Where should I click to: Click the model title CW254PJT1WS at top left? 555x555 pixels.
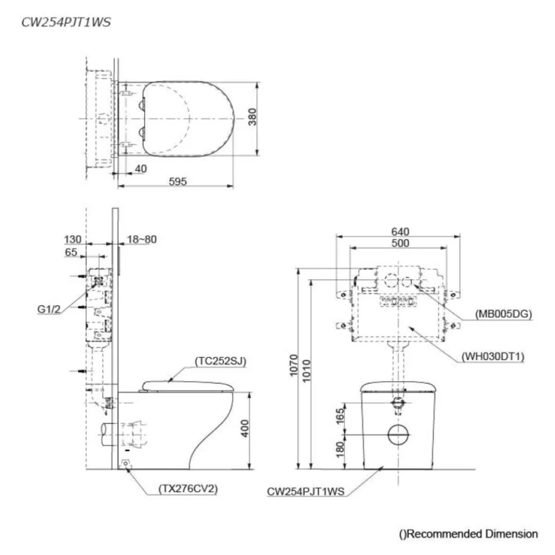click(66, 23)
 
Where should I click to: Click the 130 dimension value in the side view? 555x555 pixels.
click(72, 239)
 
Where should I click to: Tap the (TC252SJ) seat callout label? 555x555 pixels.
click(220, 361)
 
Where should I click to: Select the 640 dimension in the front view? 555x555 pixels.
click(400, 231)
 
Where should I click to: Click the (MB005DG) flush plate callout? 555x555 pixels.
click(503, 313)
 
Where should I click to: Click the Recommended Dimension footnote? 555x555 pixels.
click(468, 534)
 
